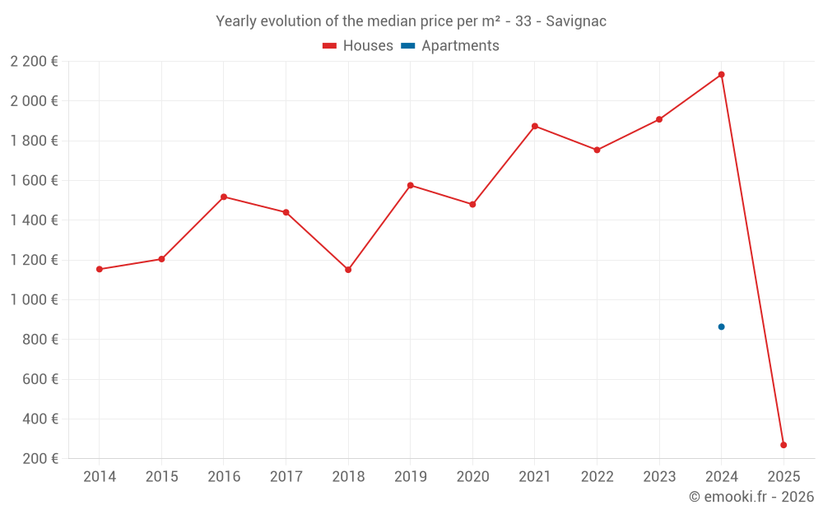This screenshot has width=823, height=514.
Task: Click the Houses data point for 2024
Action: [x=721, y=75]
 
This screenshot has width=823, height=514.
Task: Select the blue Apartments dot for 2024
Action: [x=721, y=326]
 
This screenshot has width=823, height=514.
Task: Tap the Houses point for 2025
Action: [x=783, y=445]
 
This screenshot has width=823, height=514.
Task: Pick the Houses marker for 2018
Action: [x=348, y=270]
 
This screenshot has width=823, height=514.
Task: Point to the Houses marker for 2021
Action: [x=535, y=126]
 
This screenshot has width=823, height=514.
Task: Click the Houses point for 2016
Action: [x=224, y=197]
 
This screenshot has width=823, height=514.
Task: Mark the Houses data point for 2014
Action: [x=100, y=269]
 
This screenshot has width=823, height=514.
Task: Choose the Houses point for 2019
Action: [x=411, y=185]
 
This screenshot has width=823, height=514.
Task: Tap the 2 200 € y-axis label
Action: [x=35, y=62]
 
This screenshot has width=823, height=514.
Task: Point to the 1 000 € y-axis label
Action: [x=35, y=300]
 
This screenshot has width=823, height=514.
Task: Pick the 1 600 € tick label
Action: [x=35, y=181]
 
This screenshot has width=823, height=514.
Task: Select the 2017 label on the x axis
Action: [x=286, y=477]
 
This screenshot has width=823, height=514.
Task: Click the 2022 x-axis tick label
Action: [x=597, y=477]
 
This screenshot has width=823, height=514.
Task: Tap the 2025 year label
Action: [x=783, y=477]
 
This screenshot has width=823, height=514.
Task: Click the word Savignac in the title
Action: [x=576, y=21]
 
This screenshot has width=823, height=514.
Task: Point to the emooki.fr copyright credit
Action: [x=751, y=497]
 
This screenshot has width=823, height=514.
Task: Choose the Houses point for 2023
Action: [x=659, y=119]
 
